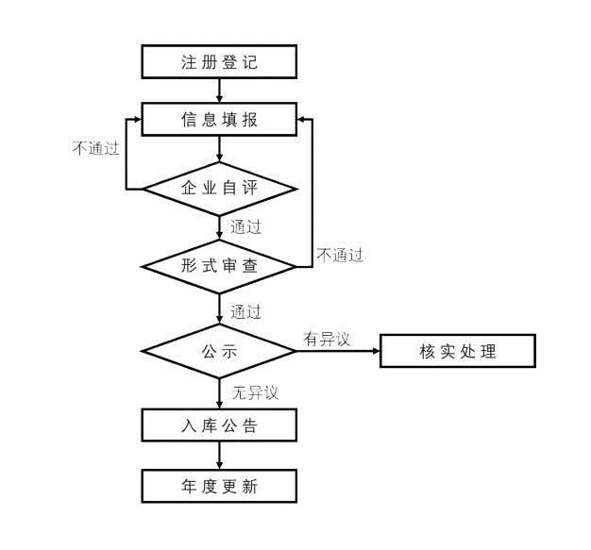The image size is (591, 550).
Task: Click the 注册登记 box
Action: click(x=219, y=63)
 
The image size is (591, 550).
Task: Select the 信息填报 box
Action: click(x=219, y=120)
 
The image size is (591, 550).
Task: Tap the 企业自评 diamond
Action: click(x=219, y=189)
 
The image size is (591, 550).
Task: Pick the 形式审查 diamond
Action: click(x=219, y=266)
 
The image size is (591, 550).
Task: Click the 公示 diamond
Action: click(x=219, y=351)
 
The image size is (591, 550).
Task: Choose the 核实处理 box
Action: click(x=457, y=352)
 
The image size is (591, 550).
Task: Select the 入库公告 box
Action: click(x=219, y=425)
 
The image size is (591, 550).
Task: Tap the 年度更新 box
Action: click(x=219, y=487)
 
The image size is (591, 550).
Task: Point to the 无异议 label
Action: click(x=254, y=392)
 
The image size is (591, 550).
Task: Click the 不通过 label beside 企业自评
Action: click(x=95, y=147)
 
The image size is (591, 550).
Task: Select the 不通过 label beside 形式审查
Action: click(x=339, y=255)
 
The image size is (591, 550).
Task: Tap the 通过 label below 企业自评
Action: click(x=245, y=226)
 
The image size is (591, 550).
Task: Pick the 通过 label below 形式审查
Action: click(x=245, y=311)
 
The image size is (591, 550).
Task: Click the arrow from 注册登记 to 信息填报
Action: click(x=219, y=91)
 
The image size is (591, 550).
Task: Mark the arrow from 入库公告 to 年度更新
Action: click(x=219, y=457)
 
